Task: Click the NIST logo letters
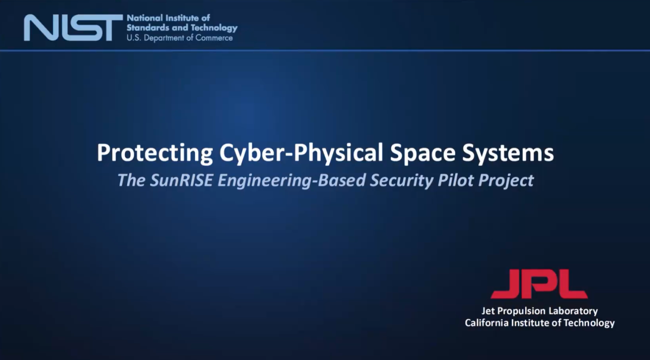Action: tap(73, 28)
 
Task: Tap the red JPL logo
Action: tap(539, 284)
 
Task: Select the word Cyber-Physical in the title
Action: tap(301, 153)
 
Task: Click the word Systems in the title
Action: tap(508, 153)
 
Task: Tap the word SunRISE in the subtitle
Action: tap(181, 180)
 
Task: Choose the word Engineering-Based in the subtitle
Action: tap(291, 180)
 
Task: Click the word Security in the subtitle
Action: tap(401, 180)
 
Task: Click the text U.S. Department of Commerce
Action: tap(179, 38)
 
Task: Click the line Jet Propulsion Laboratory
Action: tap(540, 311)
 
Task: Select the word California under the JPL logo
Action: tap(487, 323)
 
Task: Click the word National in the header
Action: tap(145, 18)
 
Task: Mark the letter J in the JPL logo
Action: tap(506, 284)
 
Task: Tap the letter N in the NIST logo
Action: tap(43, 28)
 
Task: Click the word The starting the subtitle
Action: tap(131, 180)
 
